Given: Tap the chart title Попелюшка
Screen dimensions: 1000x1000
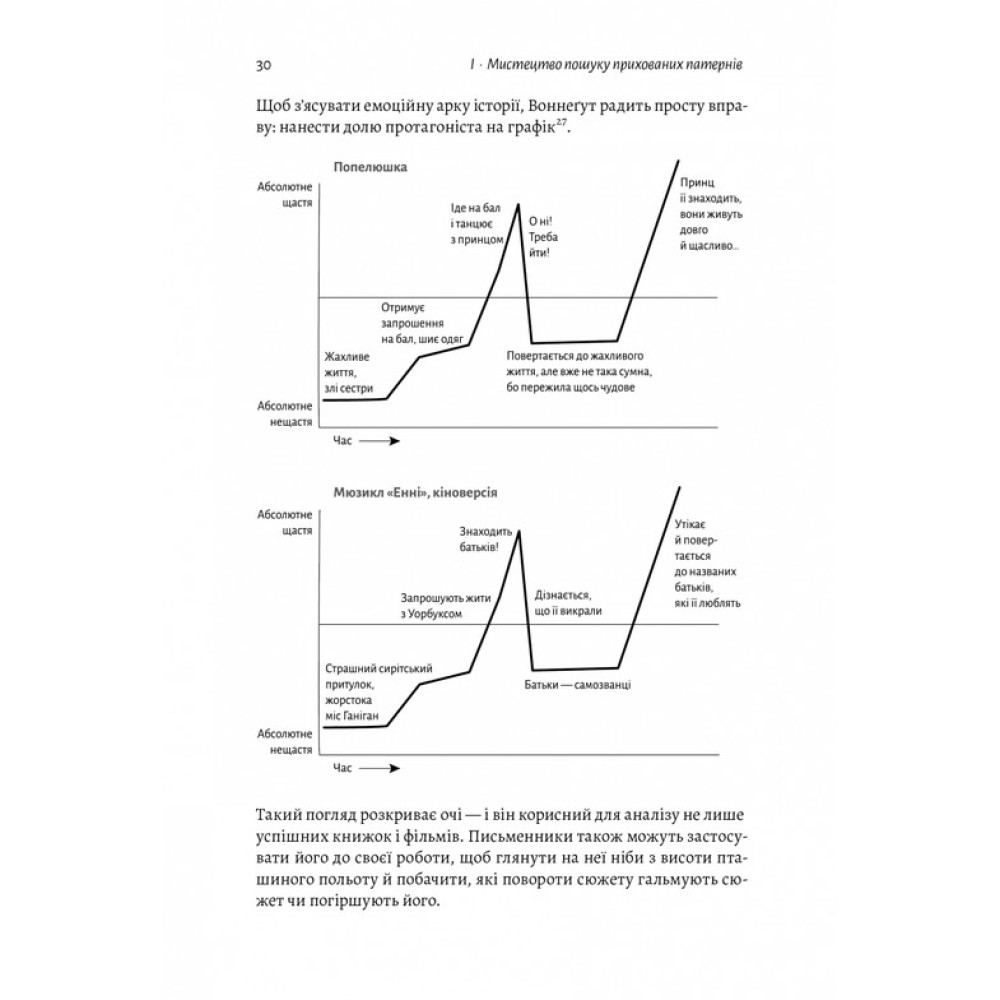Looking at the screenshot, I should coord(364,167).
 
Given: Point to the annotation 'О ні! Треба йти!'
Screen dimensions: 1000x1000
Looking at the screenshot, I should coord(540,237).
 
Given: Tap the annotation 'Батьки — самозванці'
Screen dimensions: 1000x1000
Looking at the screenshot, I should coord(582,685).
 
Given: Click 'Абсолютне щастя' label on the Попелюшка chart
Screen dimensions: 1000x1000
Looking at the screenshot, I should coord(284,194).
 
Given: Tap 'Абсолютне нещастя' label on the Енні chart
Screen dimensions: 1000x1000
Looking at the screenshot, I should coord(285,740).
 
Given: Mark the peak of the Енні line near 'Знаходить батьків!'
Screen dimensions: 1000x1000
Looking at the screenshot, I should coord(518,531).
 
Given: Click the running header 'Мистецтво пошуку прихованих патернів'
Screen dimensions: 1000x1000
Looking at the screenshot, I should coord(619,66).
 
